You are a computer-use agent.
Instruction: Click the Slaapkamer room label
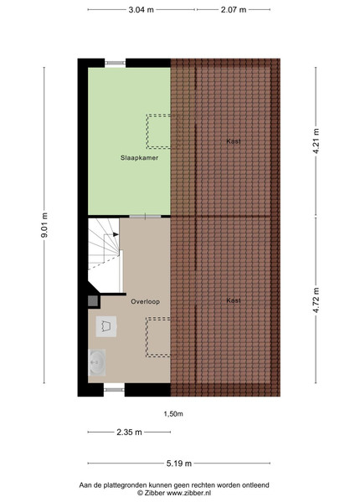139,157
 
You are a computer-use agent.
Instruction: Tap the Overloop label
145,301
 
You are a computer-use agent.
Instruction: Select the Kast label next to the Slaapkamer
234,141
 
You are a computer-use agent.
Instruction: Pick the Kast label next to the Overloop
234,300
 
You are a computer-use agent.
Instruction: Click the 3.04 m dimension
141,9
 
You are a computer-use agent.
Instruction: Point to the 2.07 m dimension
234,9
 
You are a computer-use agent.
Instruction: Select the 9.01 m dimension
44,225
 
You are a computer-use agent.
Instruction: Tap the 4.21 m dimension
316,141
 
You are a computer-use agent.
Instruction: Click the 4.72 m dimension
316,300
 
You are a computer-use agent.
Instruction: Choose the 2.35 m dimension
129,433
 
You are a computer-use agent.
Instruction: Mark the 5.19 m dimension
179,464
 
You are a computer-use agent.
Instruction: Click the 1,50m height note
173,414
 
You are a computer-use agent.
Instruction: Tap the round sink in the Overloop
97,362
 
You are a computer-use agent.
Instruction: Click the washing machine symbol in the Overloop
106,326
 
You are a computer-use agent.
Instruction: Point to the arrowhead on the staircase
116,234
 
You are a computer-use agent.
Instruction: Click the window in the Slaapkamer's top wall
116,63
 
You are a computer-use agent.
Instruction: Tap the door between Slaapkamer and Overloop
145,217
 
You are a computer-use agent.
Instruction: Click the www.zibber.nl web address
188,494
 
